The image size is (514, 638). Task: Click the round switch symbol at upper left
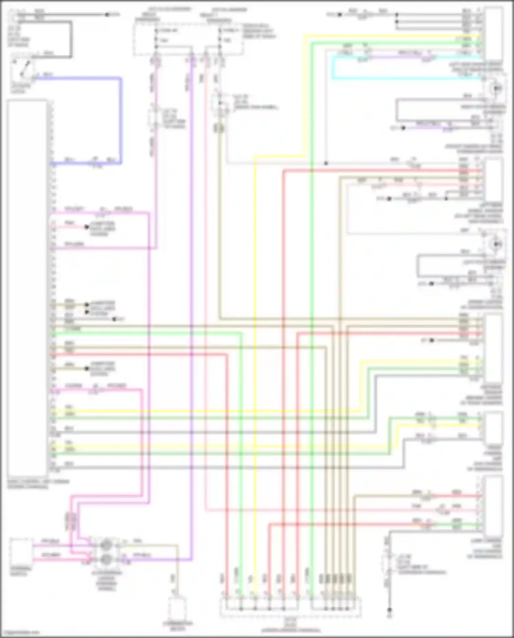tap(22, 70)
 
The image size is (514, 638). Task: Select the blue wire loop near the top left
tap(121, 120)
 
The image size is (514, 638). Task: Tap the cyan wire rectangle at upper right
tap(404, 79)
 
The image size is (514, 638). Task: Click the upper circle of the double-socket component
tap(106, 545)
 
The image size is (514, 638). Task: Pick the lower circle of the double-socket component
tap(106, 559)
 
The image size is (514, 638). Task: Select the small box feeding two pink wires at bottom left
tap(21, 552)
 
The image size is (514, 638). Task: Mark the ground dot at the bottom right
tap(389, 611)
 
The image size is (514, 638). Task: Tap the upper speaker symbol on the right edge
tap(495, 88)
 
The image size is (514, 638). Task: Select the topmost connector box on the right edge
tap(493, 34)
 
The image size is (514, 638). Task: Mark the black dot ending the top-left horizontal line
tap(107, 14)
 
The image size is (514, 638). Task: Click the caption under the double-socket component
tap(107, 581)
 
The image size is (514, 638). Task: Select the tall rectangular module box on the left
tap(27, 288)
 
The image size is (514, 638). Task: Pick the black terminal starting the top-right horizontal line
tap(340, 15)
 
